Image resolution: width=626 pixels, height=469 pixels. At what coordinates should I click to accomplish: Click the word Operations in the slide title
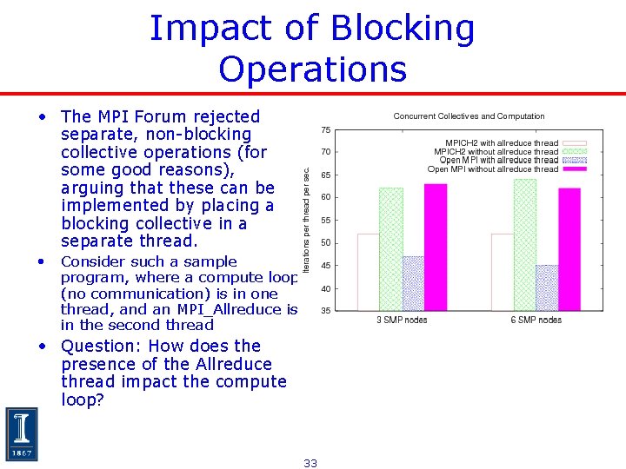(313, 69)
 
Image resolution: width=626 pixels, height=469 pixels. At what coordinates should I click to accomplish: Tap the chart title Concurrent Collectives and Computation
(469, 116)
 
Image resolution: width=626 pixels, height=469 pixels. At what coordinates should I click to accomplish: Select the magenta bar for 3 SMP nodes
(435, 247)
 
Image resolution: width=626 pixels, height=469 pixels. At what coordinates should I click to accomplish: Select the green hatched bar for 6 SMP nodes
(525, 244)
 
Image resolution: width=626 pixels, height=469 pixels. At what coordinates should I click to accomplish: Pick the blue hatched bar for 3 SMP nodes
(413, 283)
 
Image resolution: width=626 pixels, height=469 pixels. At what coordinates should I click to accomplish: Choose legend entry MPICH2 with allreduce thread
(502, 143)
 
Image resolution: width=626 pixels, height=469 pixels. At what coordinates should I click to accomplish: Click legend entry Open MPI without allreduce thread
(492, 169)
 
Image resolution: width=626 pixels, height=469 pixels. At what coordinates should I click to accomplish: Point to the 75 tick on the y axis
(324, 129)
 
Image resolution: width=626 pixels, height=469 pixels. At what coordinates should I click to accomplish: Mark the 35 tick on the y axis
(324, 311)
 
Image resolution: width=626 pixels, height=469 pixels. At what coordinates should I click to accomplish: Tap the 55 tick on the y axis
(324, 221)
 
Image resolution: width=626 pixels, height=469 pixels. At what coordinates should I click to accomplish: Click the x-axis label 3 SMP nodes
(402, 320)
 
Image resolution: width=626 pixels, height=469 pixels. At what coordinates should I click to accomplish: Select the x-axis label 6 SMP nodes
(536, 320)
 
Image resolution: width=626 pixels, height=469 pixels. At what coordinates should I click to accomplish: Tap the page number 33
(310, 463)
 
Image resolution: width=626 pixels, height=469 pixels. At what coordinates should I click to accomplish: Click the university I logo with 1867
(22, 434)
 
